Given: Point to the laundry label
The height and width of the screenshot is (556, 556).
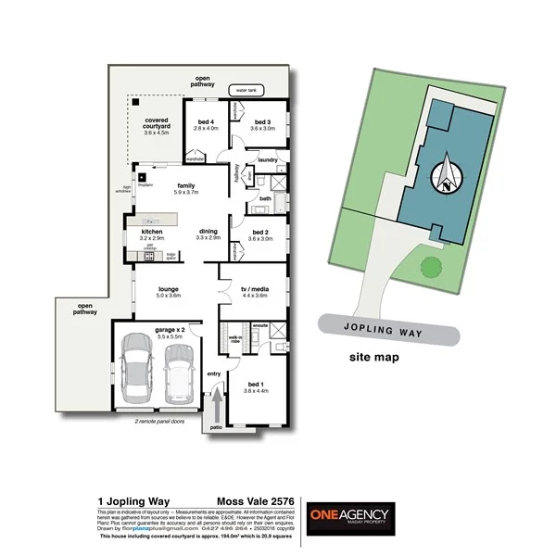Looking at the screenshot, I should (x=269, y=160).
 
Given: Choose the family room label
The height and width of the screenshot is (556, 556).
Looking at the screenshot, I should (x=185, y=188).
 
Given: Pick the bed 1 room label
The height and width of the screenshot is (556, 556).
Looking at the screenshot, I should (x=254, y=387).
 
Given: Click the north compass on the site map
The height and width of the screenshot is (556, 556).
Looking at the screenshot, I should (x=449, y=172).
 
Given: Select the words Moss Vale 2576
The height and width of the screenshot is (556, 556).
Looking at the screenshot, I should (x=252, y=500).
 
